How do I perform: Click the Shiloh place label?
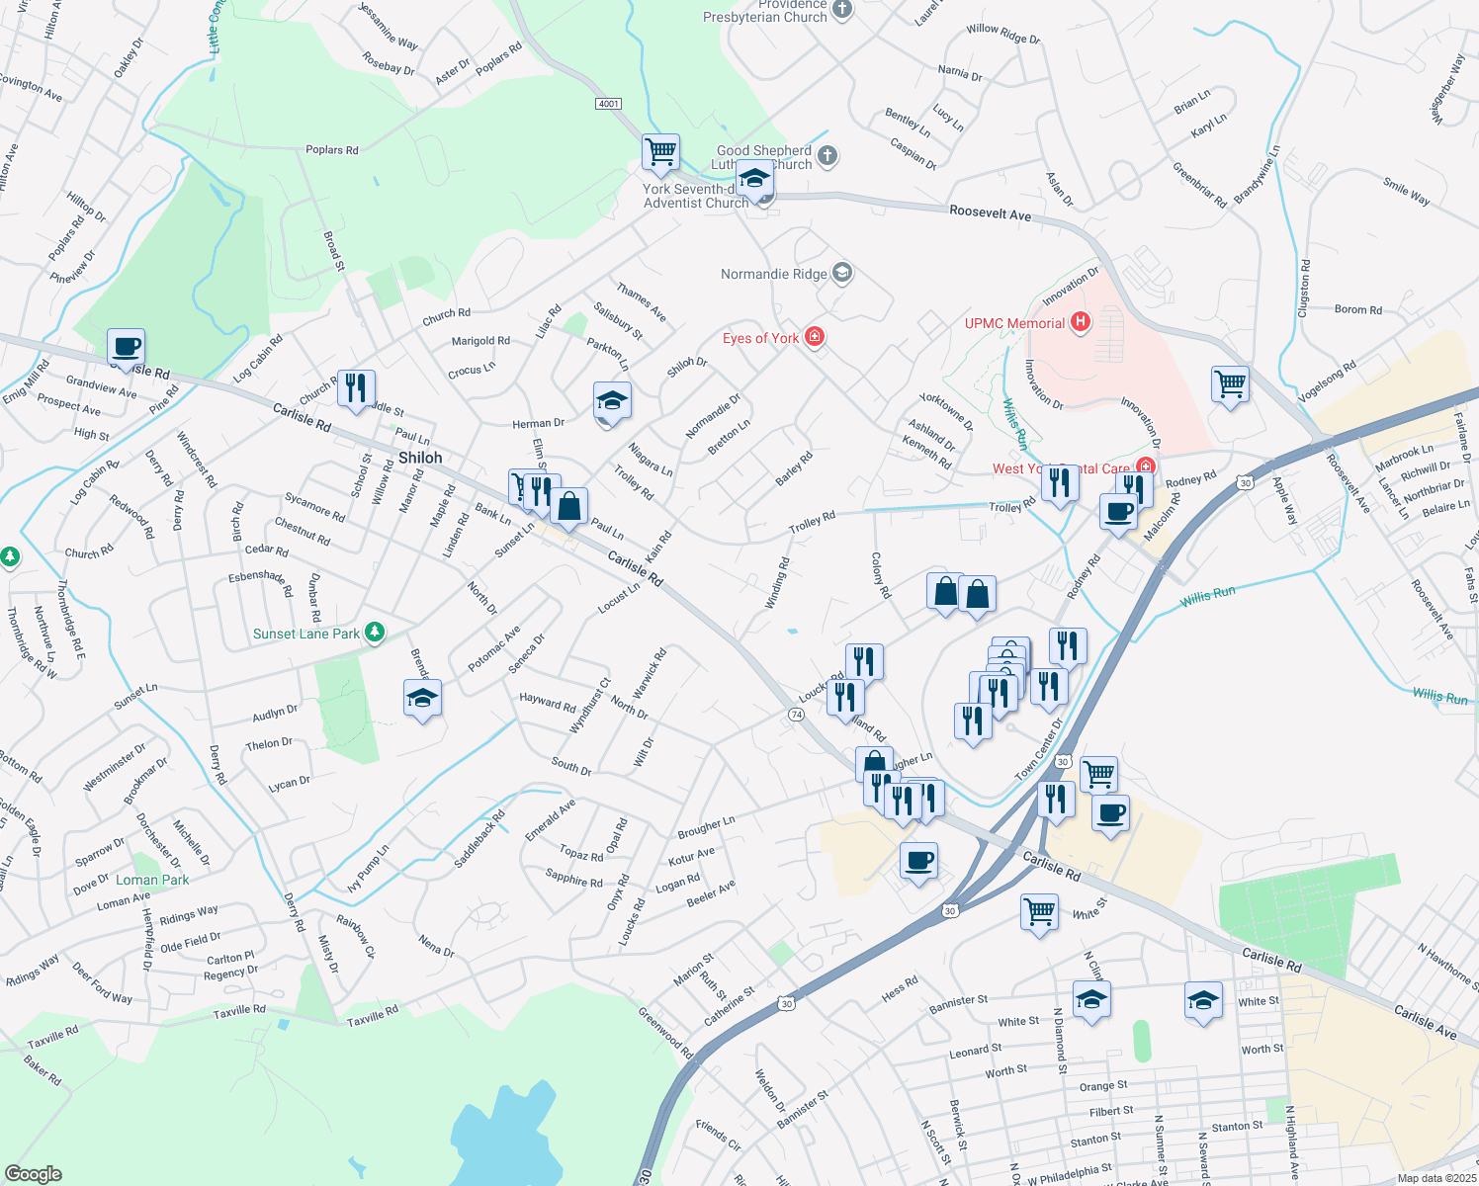coord(420,458)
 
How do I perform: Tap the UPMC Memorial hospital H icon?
coord(1081,322)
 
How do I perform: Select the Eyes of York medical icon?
coord(815,337)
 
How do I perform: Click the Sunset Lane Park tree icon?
coord(374,633)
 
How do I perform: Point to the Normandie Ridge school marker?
coord(841,273)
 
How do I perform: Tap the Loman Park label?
coord(152,880)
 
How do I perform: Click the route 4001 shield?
coord(609,104)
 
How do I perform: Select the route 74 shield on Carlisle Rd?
coord(796,715)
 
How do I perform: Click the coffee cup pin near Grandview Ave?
coord(126,347)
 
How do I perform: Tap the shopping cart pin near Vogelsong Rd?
coord(1230,383)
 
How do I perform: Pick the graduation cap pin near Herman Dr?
coord(612,401)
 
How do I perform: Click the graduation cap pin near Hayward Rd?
coord(422,698)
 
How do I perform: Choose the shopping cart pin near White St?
coord(1039,912)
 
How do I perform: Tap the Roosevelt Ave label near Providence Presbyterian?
coord(990,213)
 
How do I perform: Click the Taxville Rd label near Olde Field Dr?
coord(239,1011)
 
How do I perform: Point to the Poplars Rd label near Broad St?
coord(332,150)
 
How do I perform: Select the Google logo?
coord(34,1174)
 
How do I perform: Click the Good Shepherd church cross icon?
coord(828,155)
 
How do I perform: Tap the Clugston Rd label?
coord(1304,289)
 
